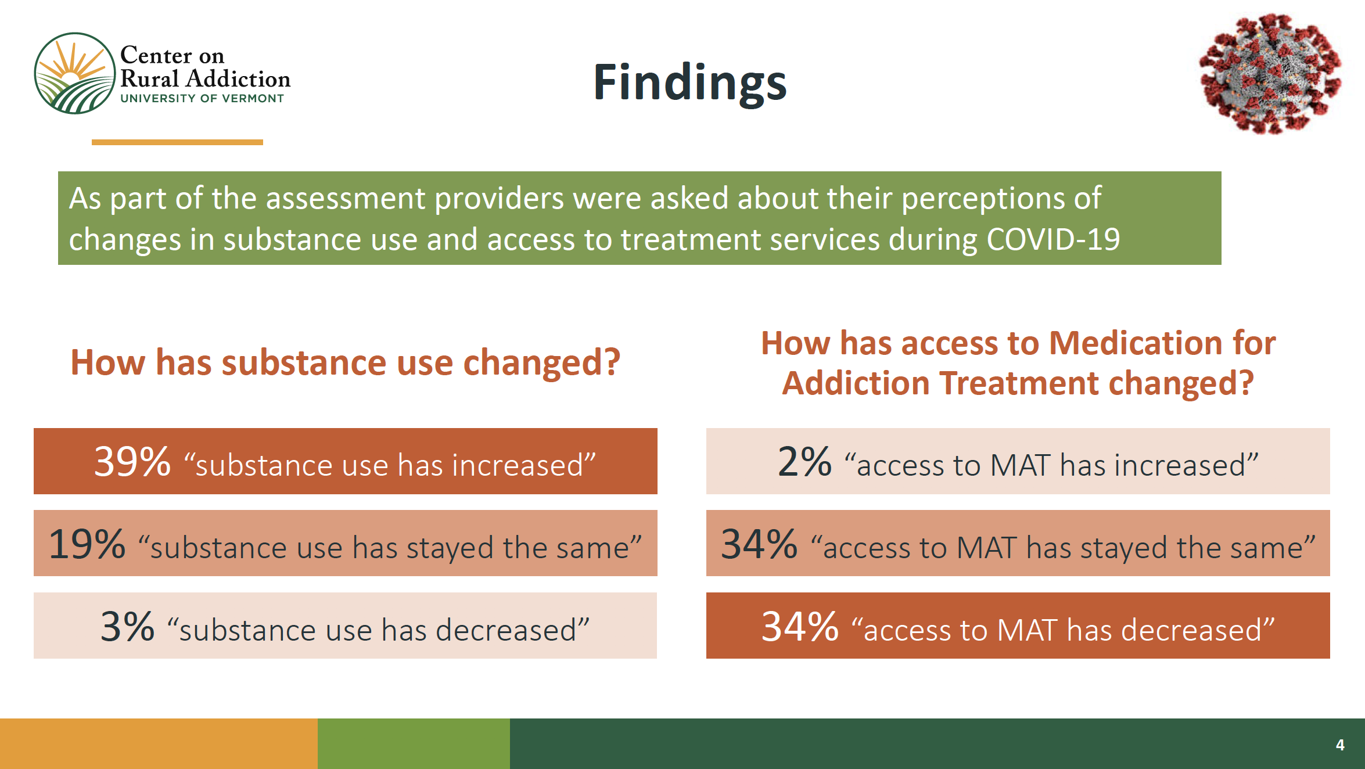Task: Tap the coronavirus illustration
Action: (x=1271, y=73)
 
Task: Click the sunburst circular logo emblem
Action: (x=75, y=73)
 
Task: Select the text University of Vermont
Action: (x=202, y=99)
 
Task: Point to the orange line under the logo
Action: (x=177, y=142)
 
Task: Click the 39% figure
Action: (x=132, y=462)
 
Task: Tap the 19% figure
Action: (x=87, y=544)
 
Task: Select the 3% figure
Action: (x=128, y=627)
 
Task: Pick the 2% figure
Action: (x=804, y=462)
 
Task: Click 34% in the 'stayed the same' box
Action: (x=759, y=544)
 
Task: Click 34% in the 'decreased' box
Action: (x=800, y=627)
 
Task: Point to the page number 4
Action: (x=1340, y=745)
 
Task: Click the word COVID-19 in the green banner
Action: (x=1053, y=239)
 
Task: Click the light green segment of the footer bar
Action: (x=414, y=743)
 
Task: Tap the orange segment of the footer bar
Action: (x=159, y=743)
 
